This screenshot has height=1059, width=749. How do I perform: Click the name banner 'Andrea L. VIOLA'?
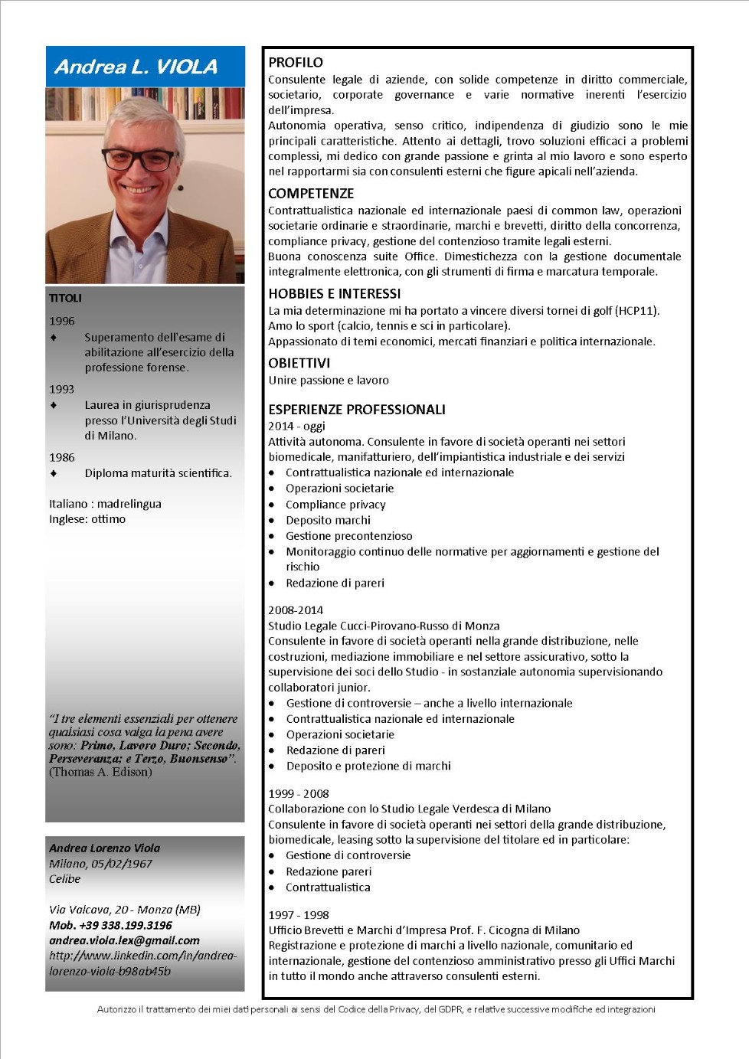tap(136, 67)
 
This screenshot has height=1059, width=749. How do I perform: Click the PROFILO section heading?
tap(296, 63)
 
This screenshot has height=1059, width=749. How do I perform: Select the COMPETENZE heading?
tap(311, 194)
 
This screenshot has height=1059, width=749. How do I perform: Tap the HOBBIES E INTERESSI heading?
tap(334, 294)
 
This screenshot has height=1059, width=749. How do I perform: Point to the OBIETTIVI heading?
tap(299, 363)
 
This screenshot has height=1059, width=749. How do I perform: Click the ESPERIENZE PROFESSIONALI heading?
tap(356, 410)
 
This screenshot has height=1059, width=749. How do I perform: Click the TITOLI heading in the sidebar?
tap(65, 298)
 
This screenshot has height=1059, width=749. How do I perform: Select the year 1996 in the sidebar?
tap(62, 321)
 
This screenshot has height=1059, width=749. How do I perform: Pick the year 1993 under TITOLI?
tap(62, 389)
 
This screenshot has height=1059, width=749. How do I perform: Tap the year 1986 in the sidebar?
tap(62, 457)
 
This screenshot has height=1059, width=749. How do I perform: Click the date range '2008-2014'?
tap(296, 610)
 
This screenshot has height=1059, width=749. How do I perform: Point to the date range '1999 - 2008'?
tap(299, 793)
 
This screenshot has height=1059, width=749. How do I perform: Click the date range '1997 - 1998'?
tap(299, 914)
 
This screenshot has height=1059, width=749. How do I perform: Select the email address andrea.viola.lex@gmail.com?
tap(124, 940)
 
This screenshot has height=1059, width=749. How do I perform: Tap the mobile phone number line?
tap(110, 925)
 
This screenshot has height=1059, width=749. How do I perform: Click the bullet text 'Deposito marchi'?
tap(328, 520)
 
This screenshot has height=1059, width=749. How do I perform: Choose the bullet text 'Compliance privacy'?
tap(335, 505)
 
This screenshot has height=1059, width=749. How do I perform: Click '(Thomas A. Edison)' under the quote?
tap(100, 772)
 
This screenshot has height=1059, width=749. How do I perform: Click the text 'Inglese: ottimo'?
tap(87, 519)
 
